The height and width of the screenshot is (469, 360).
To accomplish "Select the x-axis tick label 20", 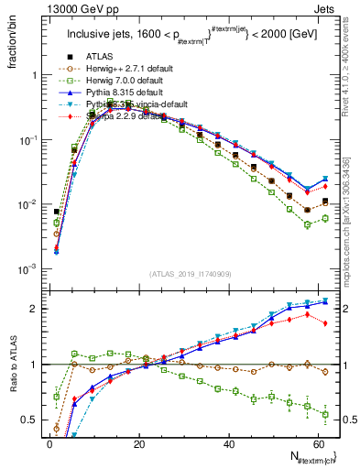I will point(138,444).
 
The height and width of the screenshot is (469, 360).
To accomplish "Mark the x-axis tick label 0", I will point(49,444).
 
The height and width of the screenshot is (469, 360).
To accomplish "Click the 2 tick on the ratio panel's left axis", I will point(35,308).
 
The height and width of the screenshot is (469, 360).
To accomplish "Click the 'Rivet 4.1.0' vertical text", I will point(352,55).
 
